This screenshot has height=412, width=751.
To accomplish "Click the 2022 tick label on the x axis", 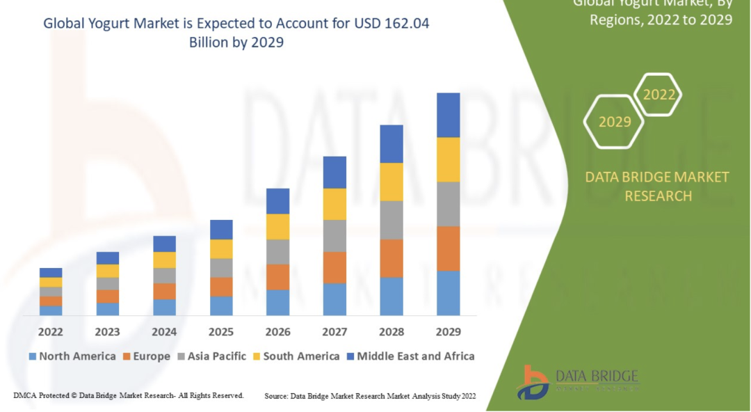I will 51,332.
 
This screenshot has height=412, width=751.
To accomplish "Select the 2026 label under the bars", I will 277,332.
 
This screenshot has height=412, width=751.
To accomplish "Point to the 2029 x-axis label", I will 448,332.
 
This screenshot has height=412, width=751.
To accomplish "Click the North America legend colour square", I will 32,356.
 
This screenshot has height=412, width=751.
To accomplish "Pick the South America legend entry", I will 301,356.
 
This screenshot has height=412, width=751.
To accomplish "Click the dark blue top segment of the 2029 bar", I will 449,115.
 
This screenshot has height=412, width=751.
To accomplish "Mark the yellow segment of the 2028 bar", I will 391,182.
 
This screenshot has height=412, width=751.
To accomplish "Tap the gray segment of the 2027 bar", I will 334,236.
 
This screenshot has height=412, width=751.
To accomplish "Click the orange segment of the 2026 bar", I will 277,277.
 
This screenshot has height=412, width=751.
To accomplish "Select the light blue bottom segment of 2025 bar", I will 221,306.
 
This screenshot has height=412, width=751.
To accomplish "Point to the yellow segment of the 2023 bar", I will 108,271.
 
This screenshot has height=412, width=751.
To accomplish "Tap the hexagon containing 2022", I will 659,95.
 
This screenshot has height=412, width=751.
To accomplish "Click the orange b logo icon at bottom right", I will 533,382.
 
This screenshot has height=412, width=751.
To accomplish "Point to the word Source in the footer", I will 276,396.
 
